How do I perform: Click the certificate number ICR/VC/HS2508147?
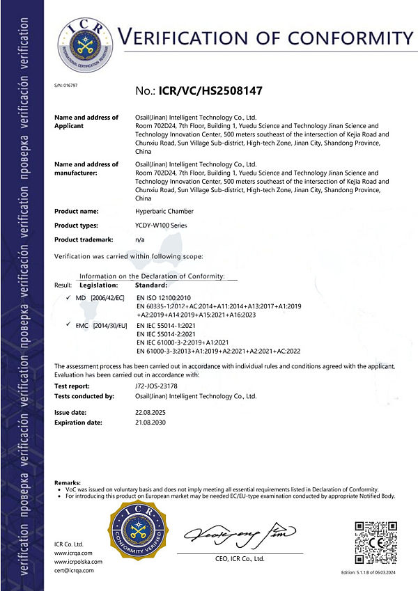tap(210, 90)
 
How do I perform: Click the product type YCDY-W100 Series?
tap(162, 226)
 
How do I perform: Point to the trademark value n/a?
tap(139, 239)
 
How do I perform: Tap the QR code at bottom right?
tap(376, 542)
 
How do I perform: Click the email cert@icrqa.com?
tap(74, 571)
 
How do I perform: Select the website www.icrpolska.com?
tap(78, 562)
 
